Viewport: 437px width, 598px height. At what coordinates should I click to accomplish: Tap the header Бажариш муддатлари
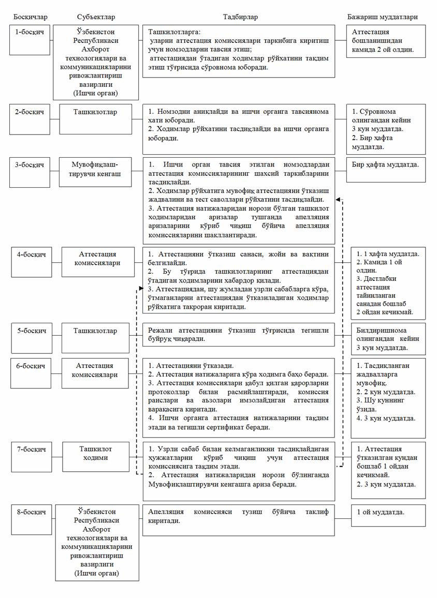[x=382, y=17]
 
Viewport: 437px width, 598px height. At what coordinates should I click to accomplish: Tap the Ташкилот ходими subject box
[x=95, y=454]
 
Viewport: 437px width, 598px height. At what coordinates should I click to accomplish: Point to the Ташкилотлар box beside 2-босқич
[x=95, y=112]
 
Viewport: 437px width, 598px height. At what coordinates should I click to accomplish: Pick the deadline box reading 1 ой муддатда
[x=388, y=515]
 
